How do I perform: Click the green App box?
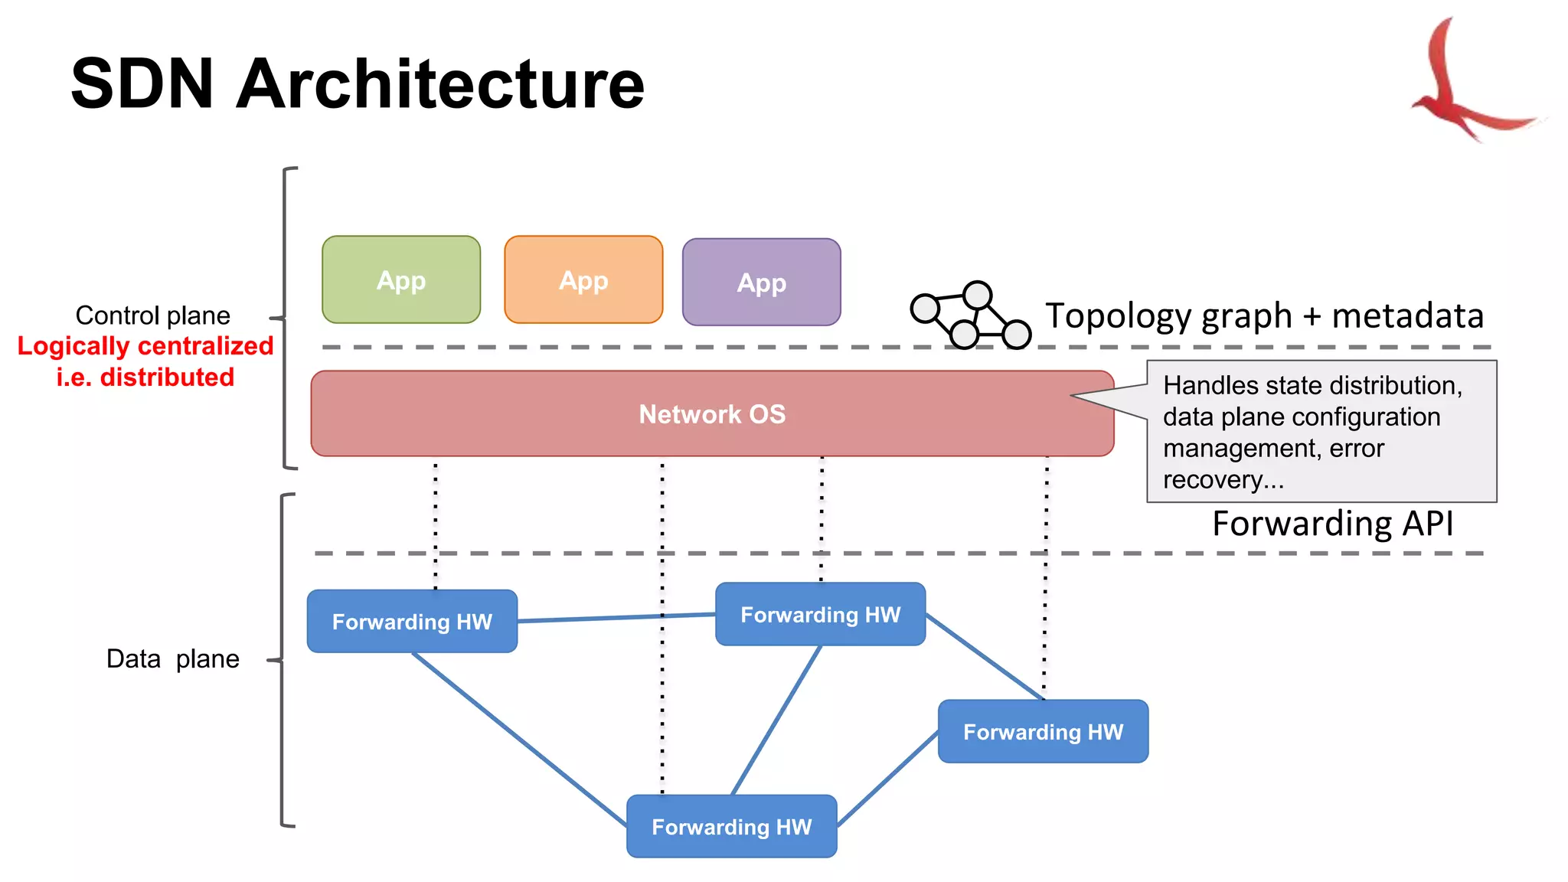coord(401,279)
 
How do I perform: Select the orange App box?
coord(583,279)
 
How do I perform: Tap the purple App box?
coord(761,282)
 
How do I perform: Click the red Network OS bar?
coord(712,413)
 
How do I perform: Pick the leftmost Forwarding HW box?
coord(412,621)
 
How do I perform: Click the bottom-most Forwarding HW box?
coord(731,826)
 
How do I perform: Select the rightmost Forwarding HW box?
coord(1043,731)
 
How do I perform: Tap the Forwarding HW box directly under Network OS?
coord(820,614)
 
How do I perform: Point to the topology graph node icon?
coord(970,315)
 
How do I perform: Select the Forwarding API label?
coord(1332,524)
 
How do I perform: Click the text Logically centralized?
coord(145,346)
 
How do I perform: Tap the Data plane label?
coord(172,658)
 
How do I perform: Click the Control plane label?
coord(152,315)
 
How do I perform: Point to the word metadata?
coord(1407,315)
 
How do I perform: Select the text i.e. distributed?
coord(145,377)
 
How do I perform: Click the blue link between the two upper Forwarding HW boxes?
coord(616,617)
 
